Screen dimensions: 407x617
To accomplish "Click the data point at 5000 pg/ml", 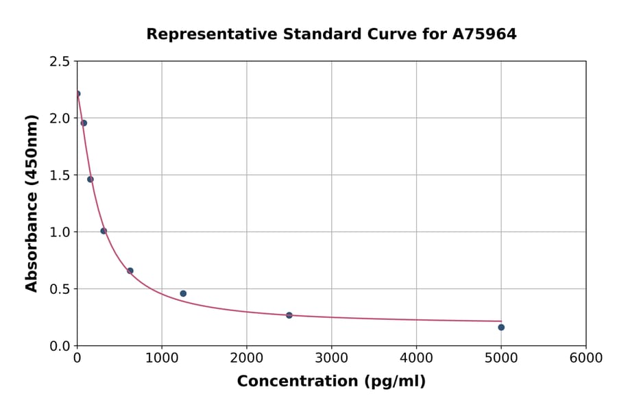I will pyautogui.click(x=501, y=327).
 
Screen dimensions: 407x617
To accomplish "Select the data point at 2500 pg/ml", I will pyautogui.click(x=289, y=315).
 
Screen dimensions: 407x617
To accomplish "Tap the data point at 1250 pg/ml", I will pyautogui.click(x=183, y=293).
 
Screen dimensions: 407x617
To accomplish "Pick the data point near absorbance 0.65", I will pyautogui.click(x=130, y=271).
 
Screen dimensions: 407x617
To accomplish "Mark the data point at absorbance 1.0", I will pyautogui.click(x=104, y=231).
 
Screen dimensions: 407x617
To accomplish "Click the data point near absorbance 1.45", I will pyautogui.click(x=90, y=180).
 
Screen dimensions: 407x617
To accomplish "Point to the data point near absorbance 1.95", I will pyautogui.click(x=84, y=123).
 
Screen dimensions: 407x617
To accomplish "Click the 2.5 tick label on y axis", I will pyautogui.click(x=59, y=62).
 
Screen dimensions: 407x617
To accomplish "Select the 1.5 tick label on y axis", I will pyautogui.click(x=59, y=175).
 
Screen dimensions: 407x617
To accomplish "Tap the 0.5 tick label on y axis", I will pyautogui.click(x=59, y=289).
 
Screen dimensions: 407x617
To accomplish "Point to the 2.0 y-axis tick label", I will pyautogui.click(x=59, y=119).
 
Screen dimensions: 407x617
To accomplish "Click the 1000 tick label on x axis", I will pyautogui.click(x=162, y=358).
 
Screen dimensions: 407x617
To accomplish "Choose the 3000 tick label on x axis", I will pyautogui.click(x=332, y=358).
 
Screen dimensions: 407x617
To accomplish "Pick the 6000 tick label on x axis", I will pyautogui.click(x=586, y=358).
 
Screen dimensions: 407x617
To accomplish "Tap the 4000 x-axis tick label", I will pyautogui.click(x=416, y=358).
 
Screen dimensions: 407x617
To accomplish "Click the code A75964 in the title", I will pyautogui.click(x=484, y=34).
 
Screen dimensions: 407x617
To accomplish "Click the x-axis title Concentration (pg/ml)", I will pyautogui.click(x=331, y=382).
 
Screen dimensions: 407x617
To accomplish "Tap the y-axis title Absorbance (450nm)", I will pyautogui.click(x=32, y=203).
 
